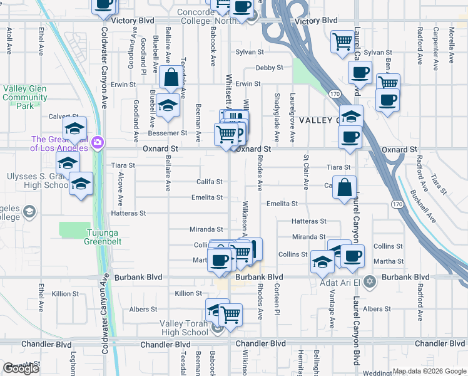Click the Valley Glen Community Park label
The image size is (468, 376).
[24, 97]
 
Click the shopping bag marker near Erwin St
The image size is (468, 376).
[171, 78]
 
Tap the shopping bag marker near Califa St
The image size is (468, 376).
[344, 187]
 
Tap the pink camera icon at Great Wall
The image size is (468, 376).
[96, 143]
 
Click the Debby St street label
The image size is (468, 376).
[269, 68]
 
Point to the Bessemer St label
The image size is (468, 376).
[167, 133]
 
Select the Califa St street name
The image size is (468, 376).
[210, 182]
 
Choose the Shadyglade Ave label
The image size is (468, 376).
[277, 118]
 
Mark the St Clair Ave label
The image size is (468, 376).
[306, 173]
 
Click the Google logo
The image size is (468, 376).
[21, 368]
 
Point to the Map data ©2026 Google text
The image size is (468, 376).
[429, 371]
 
